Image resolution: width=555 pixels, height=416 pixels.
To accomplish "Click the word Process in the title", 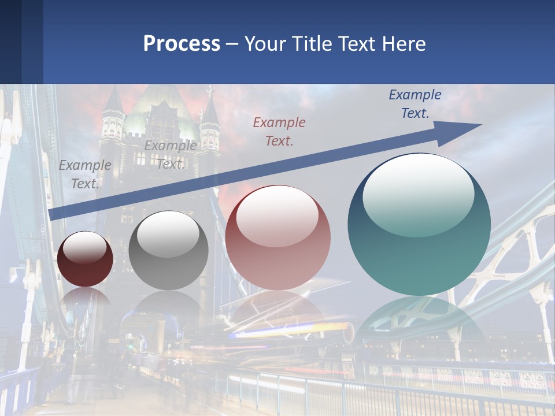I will click(182, 44).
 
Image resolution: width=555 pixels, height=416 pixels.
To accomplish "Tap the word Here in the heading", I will click(404, 44).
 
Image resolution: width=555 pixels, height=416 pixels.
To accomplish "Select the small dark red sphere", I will click(85, 259).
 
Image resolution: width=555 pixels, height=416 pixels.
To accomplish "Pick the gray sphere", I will click(168, 251).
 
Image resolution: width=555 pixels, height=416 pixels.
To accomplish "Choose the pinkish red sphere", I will click(277, 237).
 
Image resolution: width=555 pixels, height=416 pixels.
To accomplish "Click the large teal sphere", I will click(419, 225).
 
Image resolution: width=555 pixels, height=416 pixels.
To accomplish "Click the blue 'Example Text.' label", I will click(415, 104).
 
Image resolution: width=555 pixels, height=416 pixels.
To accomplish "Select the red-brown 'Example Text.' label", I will click(279, 131).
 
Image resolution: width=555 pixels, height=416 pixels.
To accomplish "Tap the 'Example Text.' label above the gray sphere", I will click(171, 155).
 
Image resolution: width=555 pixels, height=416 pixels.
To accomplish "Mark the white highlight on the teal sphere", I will click(418, 196).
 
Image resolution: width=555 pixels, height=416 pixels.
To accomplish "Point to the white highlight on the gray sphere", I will click(168, 235).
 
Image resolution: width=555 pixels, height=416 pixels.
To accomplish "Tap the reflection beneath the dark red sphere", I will click(85, 300).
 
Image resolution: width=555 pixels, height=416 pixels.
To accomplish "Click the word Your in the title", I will click(265, 44).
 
